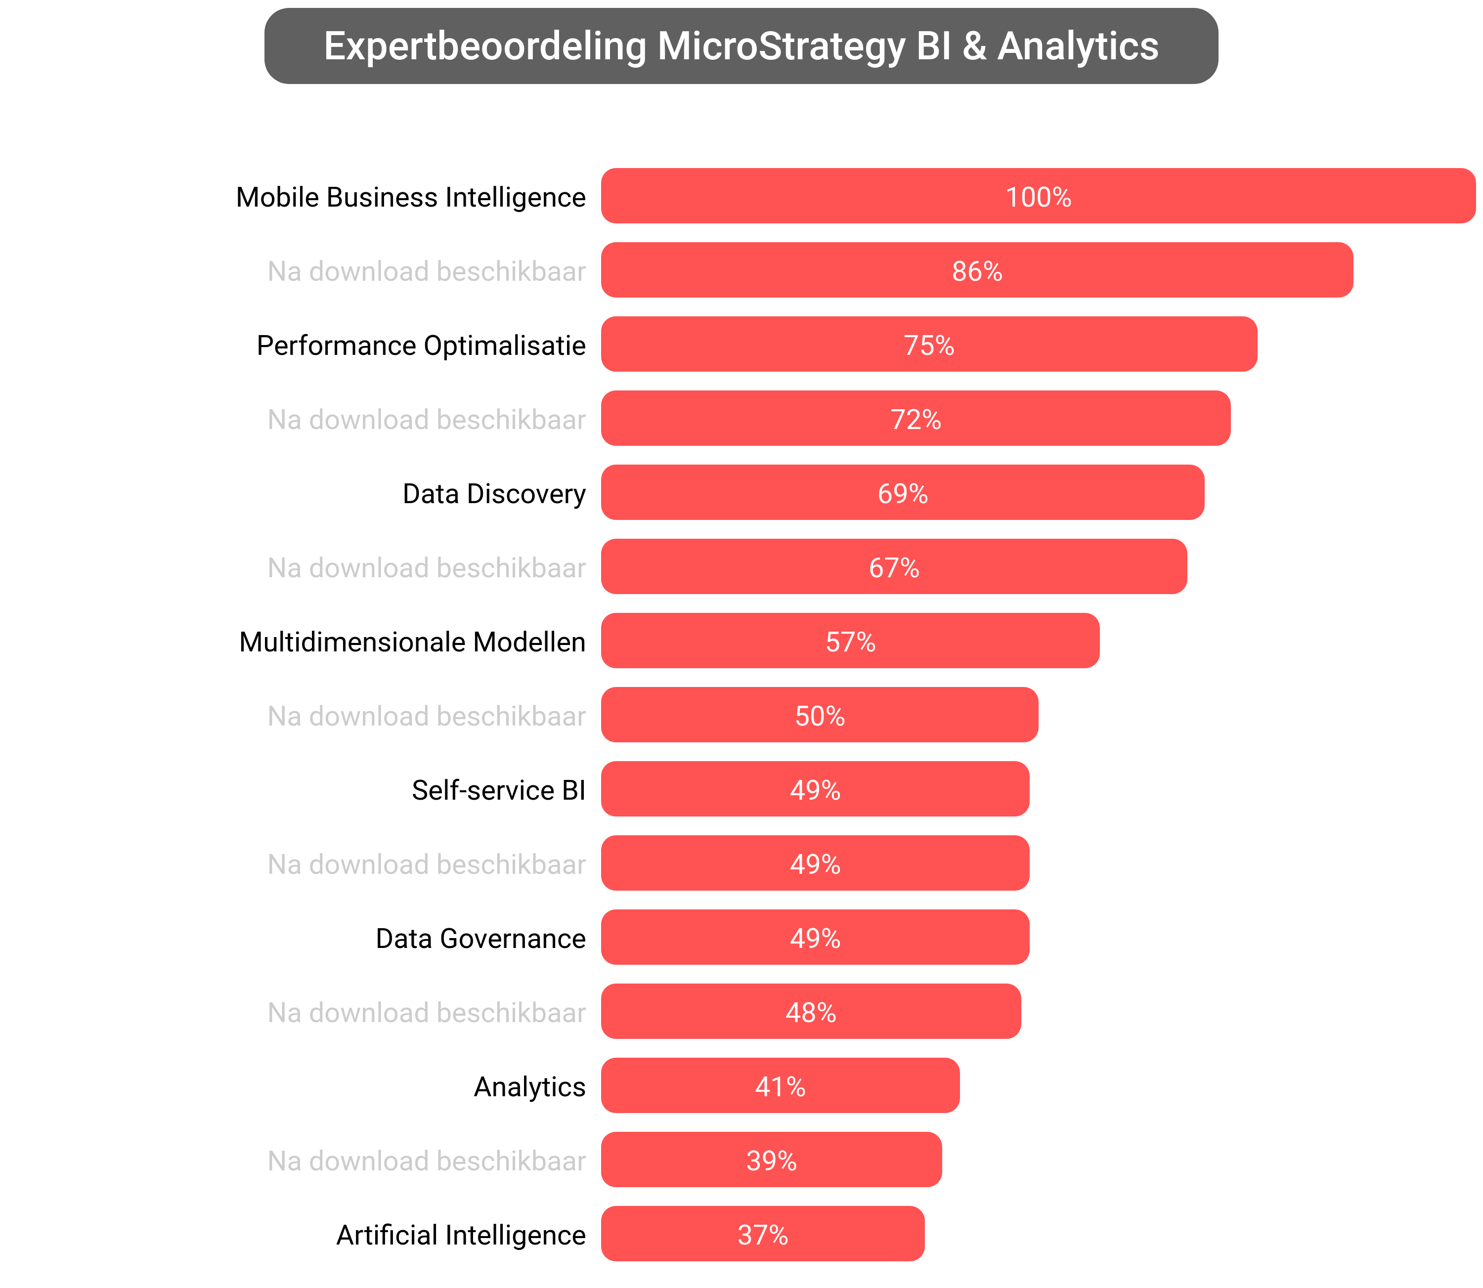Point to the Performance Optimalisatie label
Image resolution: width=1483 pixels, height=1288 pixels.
point(421,345)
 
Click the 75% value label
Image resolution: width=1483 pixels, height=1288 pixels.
point(929,345)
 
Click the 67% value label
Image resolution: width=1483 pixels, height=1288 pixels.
point(894,568)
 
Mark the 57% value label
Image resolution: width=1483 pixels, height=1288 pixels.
point(850,642)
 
